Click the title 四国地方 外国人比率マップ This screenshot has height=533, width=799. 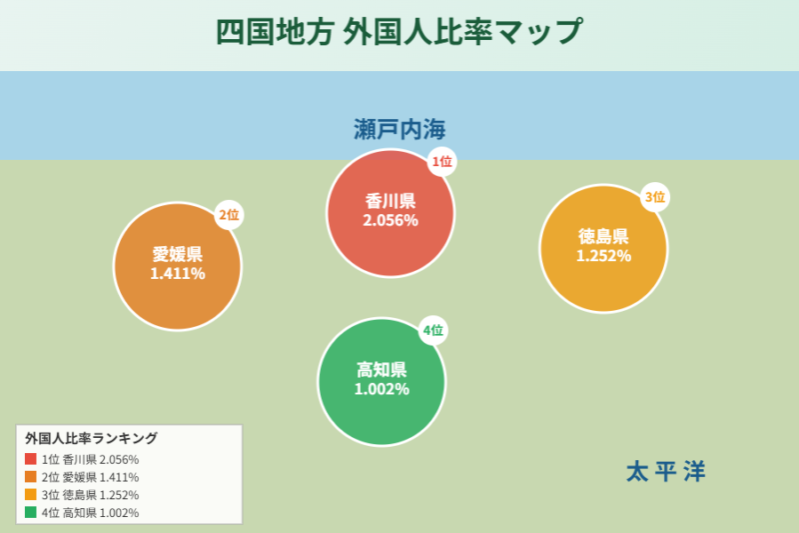pyautogui.click(x=399, y=31)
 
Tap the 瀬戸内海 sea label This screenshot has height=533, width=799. pyautogui.click(x=399, y=129)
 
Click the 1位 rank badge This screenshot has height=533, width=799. pyautogui.click(x=440, y=161)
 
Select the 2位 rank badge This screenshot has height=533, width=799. pyautogui.click(x=229, y=214)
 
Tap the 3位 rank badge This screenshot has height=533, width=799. pyautogui.click(x=654, y=197)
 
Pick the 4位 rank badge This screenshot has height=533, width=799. pyautogui.click(x=432, y=330)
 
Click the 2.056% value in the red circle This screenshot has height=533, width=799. pyautogui.click(x=391, y=221)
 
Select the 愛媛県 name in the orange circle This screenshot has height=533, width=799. pyautogui.click(x=178, y=254)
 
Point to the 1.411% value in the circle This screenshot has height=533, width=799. pyautogui.click(x=178, y=273)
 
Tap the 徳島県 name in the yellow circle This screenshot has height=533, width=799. pyautogui.click(x=603, y=237)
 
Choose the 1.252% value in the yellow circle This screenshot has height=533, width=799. pyautogui.click(x=603, y=256)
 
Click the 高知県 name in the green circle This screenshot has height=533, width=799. pyautogui.click(x=382, y=370)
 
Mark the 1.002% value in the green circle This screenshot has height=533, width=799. pyautogui.click(x=382, y=389)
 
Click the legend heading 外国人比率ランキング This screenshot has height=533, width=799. pyautogui.click(x=91, y=438)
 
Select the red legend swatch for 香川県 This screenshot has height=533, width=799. pyautogui.click(x=31, y=459)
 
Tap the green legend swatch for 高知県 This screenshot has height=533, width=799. pyautogui.click(x=31, y=513)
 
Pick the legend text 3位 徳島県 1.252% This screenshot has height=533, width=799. pyautogui.click(x=90, y=495)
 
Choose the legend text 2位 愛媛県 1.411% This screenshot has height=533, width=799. pyautogui.click(x=90, y=477)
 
